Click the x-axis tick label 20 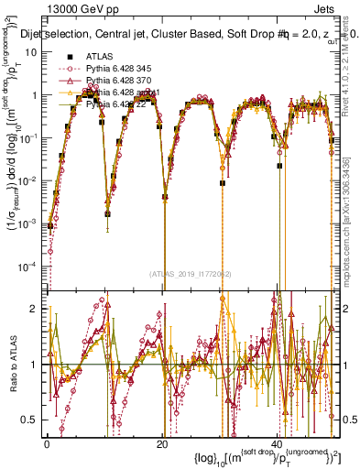[162, 443]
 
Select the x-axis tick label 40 [277, 443]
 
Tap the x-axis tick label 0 [47, 443]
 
